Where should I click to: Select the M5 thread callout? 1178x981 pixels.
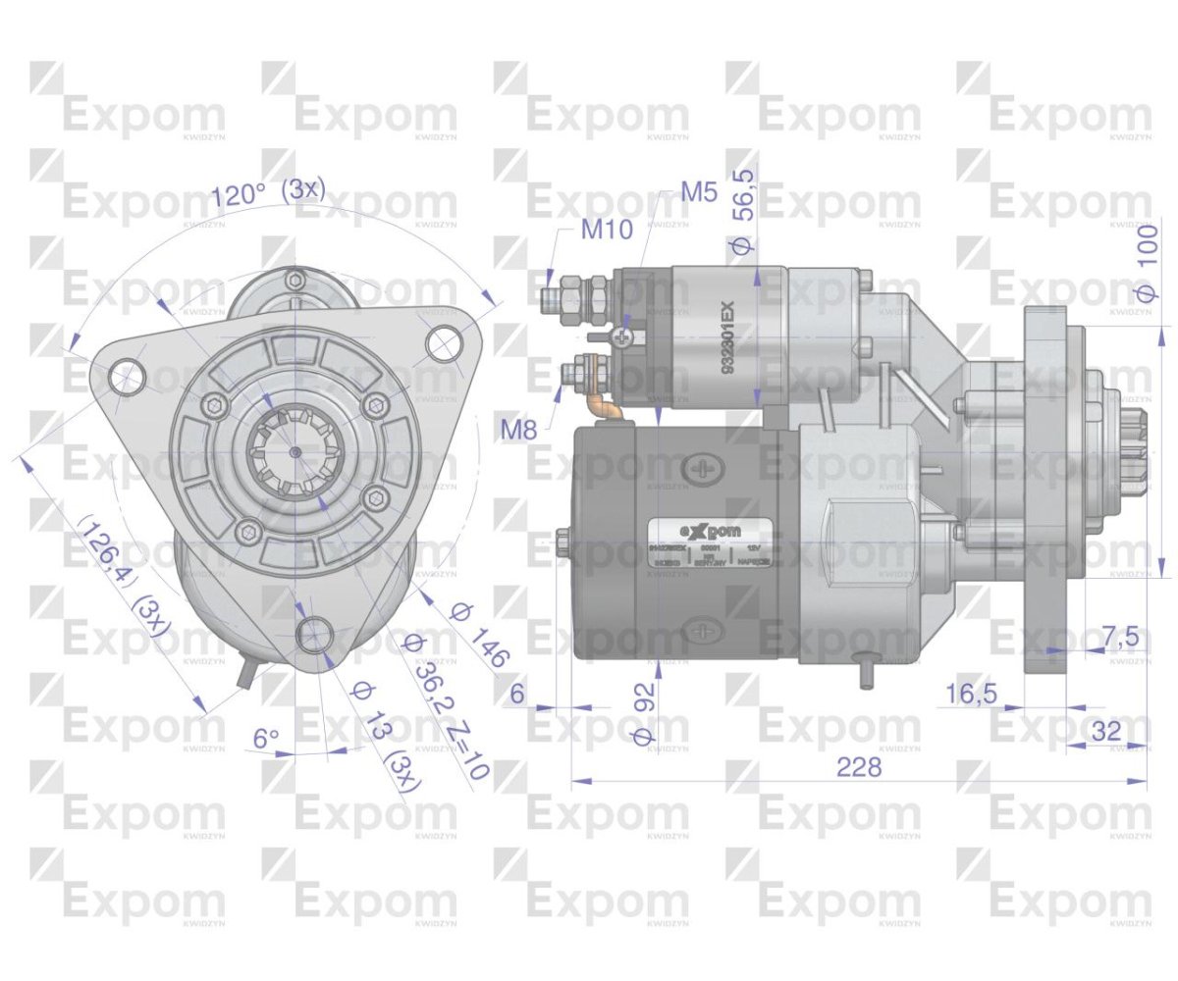pos(700,191)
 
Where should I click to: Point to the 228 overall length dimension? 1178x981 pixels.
pos(859,767)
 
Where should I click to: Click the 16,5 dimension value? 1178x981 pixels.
pos(972,694)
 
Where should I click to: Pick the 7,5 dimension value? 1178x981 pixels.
pos(1119,637)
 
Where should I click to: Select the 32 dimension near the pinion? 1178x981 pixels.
pos(1105,731)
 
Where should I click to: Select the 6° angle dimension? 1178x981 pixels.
pos(266,738)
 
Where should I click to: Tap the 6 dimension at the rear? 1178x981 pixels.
pos(519,694)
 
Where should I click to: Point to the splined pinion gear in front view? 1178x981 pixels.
pos(295,450)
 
